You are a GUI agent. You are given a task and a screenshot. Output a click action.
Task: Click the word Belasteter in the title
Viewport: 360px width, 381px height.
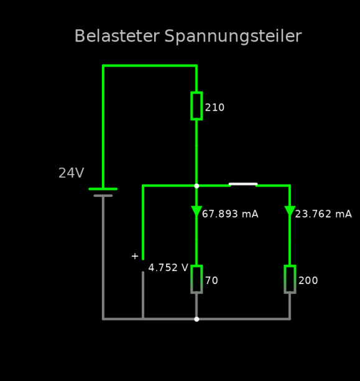[x=117, y=36]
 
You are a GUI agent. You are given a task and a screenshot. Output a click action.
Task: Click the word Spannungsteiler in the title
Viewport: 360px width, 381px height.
[x=233, y=37]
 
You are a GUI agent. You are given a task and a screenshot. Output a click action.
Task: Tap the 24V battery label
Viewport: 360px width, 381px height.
[x=72, y=173]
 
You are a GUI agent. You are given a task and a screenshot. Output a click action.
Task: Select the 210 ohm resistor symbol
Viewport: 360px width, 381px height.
[x=196, y=106]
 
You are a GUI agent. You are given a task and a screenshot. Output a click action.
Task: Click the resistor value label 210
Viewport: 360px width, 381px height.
[x=215, y=108]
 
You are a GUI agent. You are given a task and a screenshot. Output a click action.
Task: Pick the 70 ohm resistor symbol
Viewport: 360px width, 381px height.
[x=196, y=279]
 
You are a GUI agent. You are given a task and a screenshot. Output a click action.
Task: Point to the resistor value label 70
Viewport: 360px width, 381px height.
[x=211, y=280]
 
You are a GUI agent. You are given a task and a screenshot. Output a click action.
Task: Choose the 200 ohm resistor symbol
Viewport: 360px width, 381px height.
[x=290, y=279]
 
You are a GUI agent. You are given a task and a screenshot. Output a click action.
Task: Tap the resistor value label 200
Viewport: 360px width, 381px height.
[x=308, y=280]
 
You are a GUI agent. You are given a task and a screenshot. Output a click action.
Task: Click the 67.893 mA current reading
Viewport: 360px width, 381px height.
[x=230, y=214]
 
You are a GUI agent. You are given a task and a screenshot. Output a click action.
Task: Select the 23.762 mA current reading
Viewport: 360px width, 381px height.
[x=323, y=214]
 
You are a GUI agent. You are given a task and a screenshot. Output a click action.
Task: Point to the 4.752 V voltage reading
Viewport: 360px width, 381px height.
[x=168, y=267]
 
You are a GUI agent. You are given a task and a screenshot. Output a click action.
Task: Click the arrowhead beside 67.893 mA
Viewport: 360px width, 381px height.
[x=196, y=211]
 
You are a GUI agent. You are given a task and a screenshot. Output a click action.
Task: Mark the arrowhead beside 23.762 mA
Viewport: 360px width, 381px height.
[x=290, y=211]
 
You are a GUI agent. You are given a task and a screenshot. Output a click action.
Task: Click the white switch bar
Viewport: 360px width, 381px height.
[x=243, y=184]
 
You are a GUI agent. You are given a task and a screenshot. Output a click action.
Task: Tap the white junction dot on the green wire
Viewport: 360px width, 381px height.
[x=196, y=186]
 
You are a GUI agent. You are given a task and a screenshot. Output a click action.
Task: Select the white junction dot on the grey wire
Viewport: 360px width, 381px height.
[x=196, y=319]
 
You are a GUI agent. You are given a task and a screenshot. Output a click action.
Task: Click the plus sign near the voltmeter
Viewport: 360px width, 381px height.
[x=135, y=256]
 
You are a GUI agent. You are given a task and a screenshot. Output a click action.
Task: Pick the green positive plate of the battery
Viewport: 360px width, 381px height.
[x=103, y=189]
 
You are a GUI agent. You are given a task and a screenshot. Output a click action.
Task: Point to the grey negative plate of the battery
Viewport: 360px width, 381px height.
[x=103, y=196]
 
